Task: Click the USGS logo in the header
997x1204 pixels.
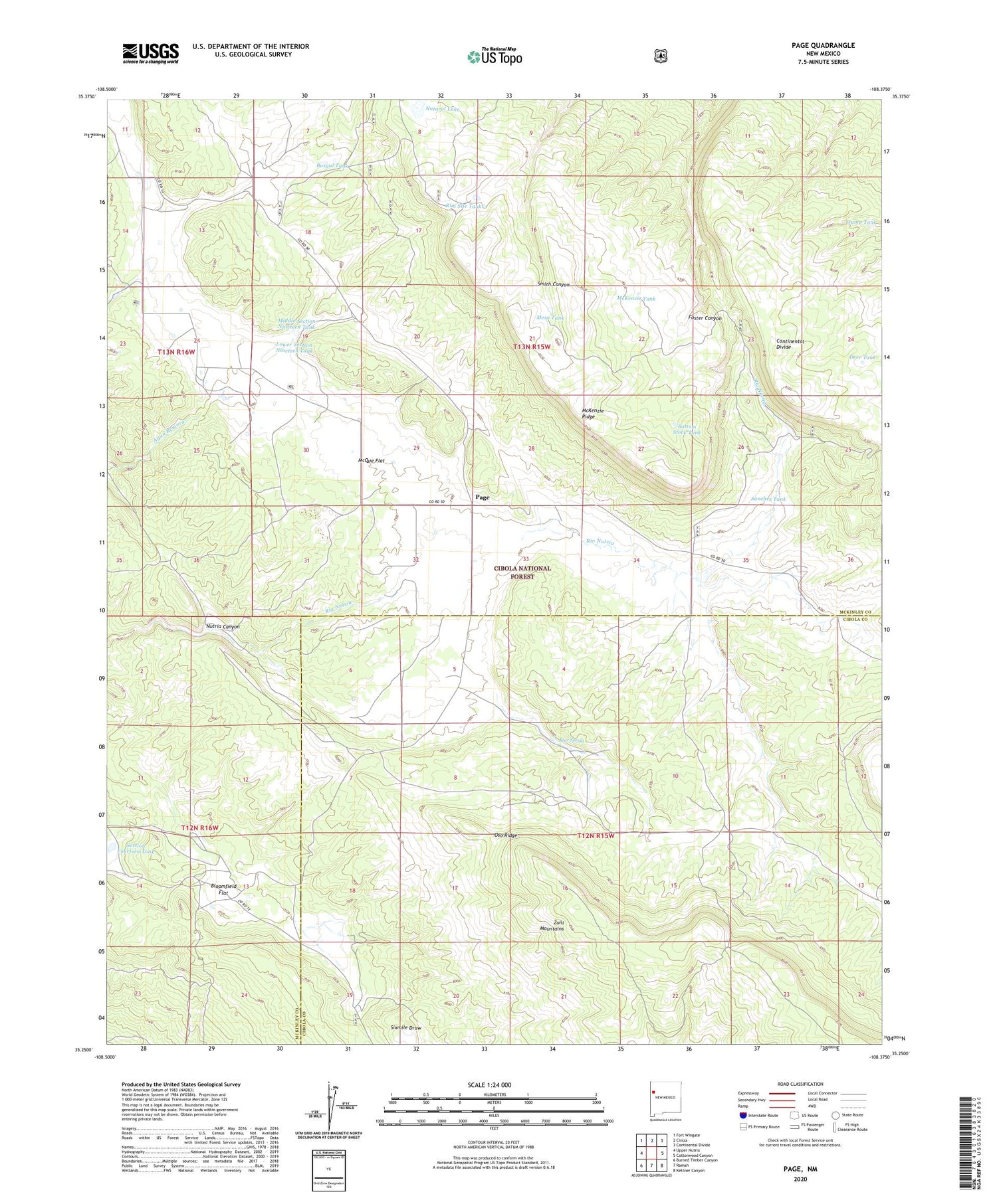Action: [151, 53]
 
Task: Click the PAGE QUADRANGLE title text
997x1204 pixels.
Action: [823, 45]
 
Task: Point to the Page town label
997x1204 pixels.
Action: [483, 497]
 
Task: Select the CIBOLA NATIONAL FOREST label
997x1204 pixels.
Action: [522, 572]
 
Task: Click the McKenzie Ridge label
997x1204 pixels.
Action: [593, 413]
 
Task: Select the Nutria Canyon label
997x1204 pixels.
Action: [223, 626]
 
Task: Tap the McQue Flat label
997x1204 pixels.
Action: [372, 460]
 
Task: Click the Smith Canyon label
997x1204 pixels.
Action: [553, 284]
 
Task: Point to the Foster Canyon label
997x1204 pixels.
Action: [705, 318]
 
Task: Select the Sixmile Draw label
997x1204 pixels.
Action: [405, 1027]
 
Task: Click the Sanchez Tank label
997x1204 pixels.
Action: [768, 499]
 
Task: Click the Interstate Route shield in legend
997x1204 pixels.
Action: [742, 1115]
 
